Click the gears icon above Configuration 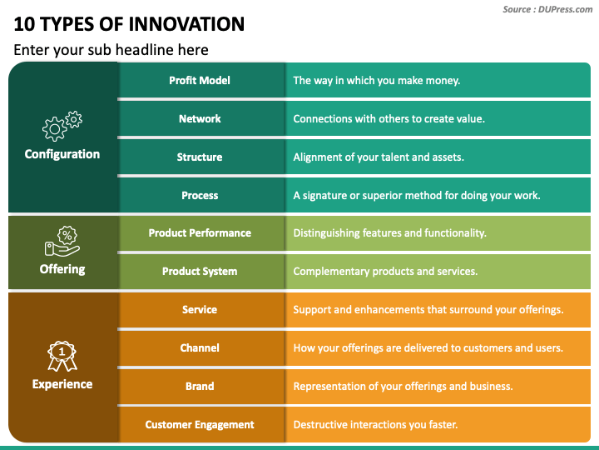click(x=62, y=125)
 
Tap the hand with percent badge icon click(x=62, y=241)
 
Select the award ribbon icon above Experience click(x=62, y=356)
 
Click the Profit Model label click(x=200, y=81)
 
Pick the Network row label click(x=200, y=119)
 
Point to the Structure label click(x=200, y=157)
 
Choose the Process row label click(x=200, y=196)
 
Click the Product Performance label click(x=200, y=233)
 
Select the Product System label click(x=200, y=272)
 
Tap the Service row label click(x=200, y=310)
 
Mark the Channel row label click(x=200, y=348)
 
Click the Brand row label click(x=200, y=387)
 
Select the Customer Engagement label click(x=200, y=425)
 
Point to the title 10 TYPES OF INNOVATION click(x=129, y=24)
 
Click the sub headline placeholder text click(x=111, y=50)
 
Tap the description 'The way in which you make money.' click(x=376, y=81)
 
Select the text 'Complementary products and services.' click(x=385, y=272)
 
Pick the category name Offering click(x=62, y=269)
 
